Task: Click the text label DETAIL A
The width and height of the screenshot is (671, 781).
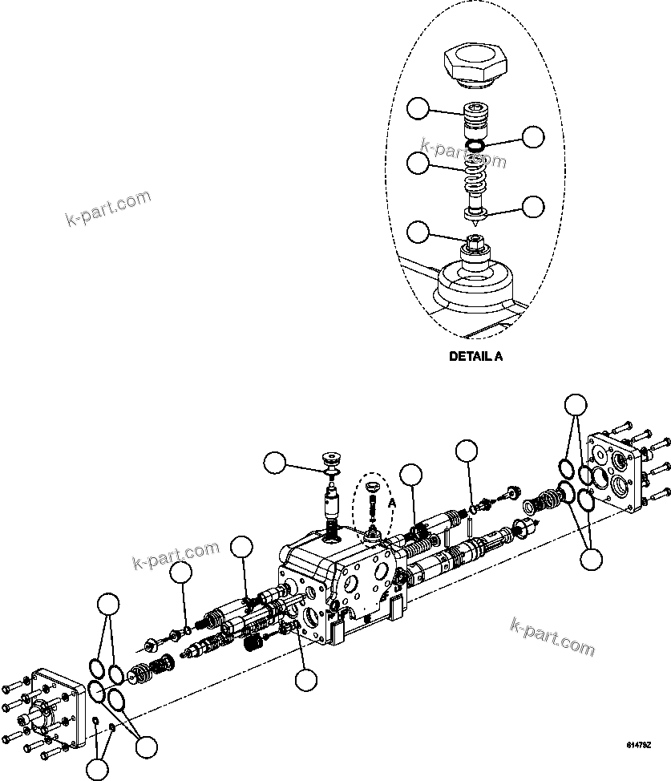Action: pyautogui.click(x=475, y=357)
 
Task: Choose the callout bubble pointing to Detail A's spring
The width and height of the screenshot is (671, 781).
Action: pyautogui.click(x=418, y=164)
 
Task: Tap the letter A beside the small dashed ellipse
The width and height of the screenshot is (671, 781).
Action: pyautogui.click(x=392, y=503)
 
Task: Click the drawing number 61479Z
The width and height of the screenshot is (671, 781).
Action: pyautogui.click(x=638, y=746)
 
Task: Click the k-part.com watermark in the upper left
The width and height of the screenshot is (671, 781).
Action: pyautogui.click(x=107, y=208)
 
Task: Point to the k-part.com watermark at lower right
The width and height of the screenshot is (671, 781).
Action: pyautogui.click(x=552, y=637)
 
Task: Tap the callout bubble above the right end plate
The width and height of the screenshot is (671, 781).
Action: pyautogui.click(x=576, y=406)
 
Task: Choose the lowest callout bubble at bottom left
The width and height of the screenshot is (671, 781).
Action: pyautogui.click(x=96, y=771)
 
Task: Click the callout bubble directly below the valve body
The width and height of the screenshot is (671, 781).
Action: pyautogui.click(x=305, y=680)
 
